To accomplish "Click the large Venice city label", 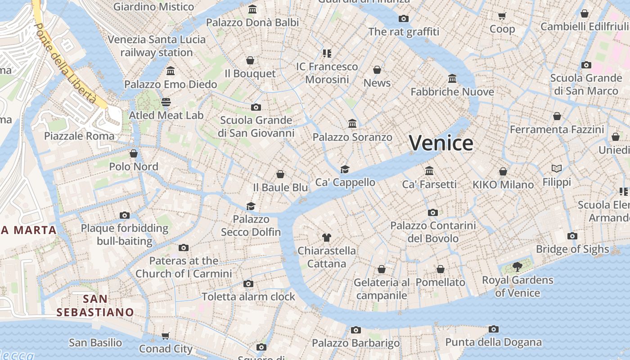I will tap(441, 143).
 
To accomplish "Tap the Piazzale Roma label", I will tap(79, 136).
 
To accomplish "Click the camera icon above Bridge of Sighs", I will tap(572, 236).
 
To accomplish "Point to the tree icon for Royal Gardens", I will tap(517, 267).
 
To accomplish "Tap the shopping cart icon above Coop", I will tap(502, 16).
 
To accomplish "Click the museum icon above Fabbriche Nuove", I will tap(452, 79).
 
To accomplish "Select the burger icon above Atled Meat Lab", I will tap(166, 102).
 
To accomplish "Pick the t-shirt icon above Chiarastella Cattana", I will tap(327, 238).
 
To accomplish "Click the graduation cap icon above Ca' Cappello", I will tap(345, 169).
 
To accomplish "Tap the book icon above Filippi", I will tap(557, 169).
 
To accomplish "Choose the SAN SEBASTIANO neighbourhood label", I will tap(95, 306).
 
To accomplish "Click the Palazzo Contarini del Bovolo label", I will tap(433, 232).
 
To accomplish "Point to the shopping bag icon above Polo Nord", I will tap(134, 153).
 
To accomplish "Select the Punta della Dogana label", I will tap(493, 342).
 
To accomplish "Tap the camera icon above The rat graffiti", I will tap(404, 18).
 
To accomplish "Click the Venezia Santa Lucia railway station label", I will tap(157, 46).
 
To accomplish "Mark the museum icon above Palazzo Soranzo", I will tap(352, 124).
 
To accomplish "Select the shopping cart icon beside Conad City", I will tap(166, 336).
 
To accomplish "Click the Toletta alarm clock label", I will tap(248, 297).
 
